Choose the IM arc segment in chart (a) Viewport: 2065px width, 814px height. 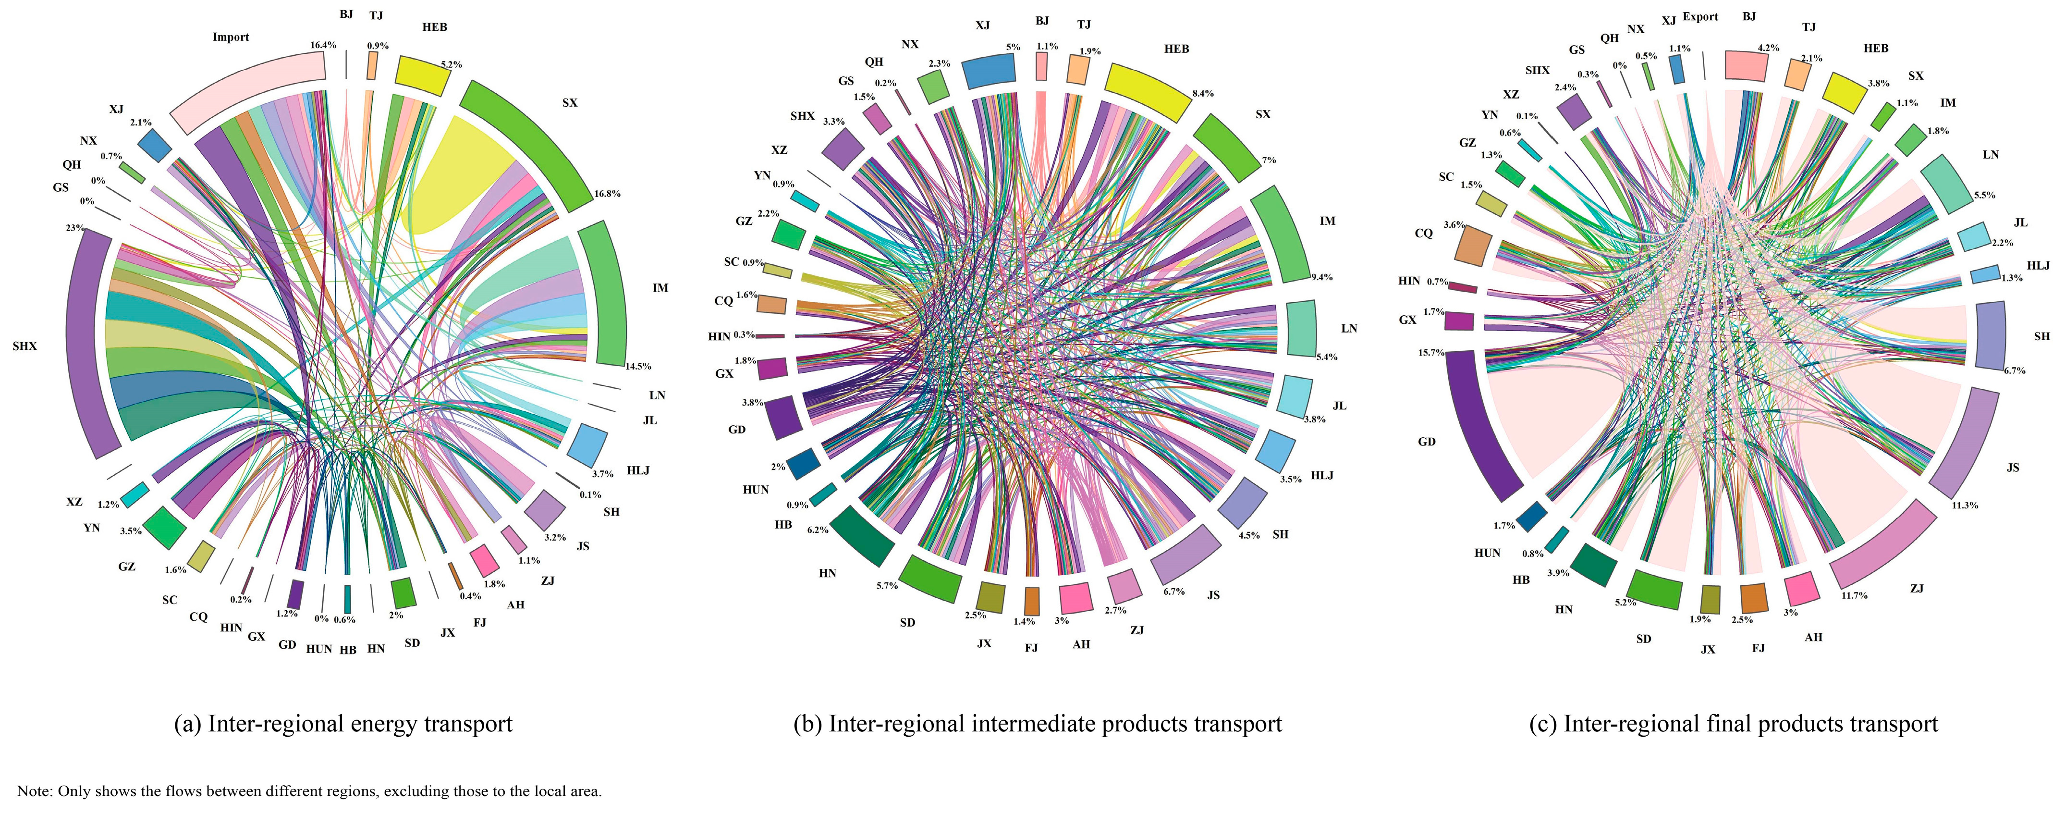tap(603, 293)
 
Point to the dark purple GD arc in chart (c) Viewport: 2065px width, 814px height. tap(1483, 425)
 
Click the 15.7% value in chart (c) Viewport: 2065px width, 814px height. tap(1431, 353)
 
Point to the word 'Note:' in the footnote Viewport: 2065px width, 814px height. tap(35, 791)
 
